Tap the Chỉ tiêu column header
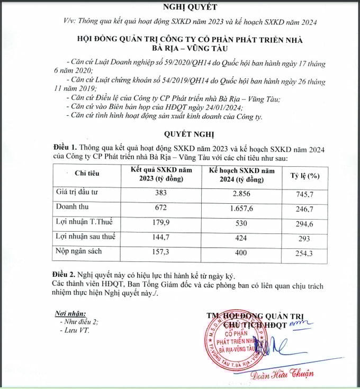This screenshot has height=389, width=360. (87, 173)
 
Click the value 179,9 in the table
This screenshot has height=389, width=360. (160, 223)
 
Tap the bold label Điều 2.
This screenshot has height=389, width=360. (65, 276)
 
